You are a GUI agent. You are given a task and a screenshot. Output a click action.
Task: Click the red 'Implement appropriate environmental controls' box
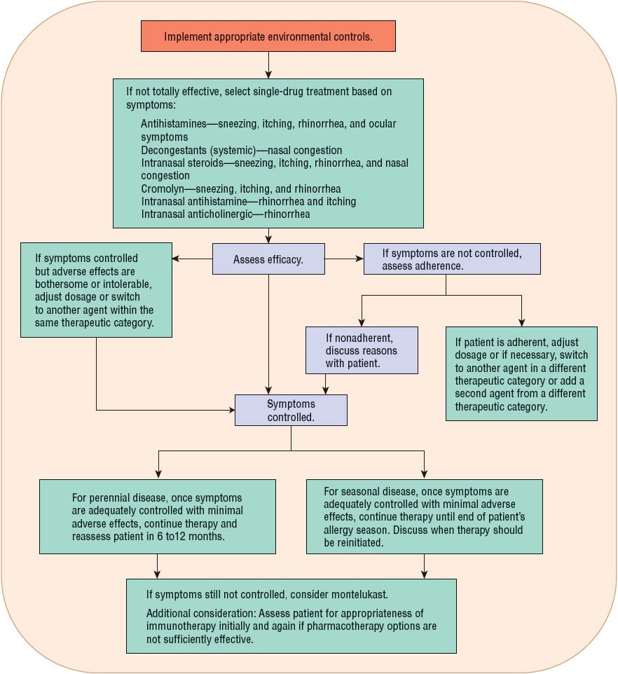pos(268,36)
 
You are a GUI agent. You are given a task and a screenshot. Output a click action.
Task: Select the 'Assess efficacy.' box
pos(268,259)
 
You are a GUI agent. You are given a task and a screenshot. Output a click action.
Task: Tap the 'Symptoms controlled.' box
pos(291,410)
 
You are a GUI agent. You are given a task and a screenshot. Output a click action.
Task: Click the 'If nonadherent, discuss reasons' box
pos(362,350)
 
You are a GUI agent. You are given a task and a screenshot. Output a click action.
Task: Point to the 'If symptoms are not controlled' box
pos(453,259)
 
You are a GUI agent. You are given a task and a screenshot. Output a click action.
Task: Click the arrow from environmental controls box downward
pos(268,64)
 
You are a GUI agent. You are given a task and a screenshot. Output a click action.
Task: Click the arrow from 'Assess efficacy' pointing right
pos(344,259)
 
